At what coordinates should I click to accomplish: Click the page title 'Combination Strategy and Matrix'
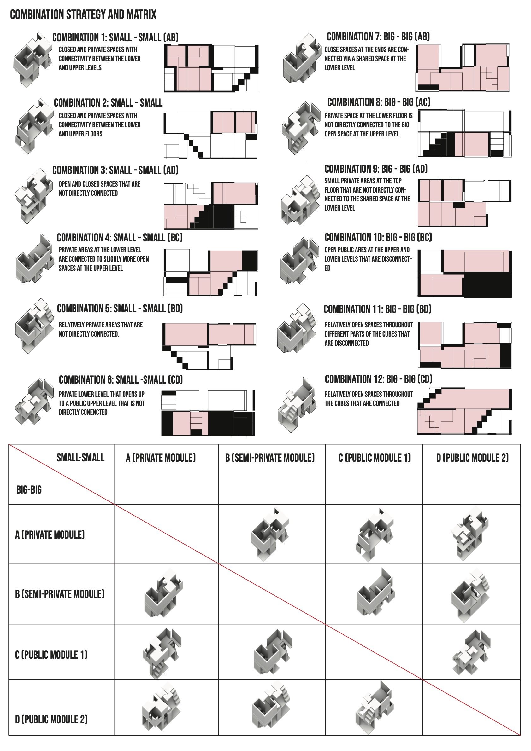click(83, 15)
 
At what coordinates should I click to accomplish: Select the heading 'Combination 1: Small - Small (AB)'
click(115, 38)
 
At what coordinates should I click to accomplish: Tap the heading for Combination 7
click(378, 37)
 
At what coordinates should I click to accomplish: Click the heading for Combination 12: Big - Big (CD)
click(378, 379)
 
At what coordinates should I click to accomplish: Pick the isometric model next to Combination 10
click(299, 261)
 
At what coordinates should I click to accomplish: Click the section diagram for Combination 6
click(208, 413)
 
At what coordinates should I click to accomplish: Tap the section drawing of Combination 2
click(211, 135)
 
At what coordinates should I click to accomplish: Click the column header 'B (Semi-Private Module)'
click(270, 458)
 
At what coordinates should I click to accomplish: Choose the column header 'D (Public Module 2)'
click(472, 458)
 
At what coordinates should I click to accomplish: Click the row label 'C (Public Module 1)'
click(51, 655)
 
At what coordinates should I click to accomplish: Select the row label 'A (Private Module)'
click(50, 535)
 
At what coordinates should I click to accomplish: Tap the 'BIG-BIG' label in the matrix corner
click(29, 490)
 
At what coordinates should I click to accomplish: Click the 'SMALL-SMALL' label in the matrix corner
click(80, 458)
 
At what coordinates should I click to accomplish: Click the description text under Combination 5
click(101, 329)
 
